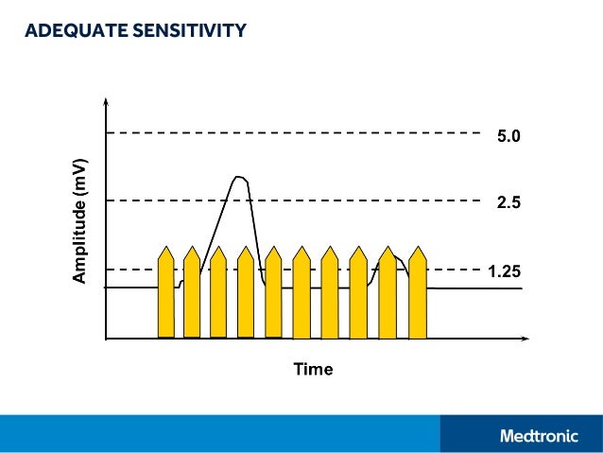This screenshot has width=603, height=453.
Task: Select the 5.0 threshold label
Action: click(508, 137)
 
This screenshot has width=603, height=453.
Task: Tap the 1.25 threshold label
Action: click(506, 271)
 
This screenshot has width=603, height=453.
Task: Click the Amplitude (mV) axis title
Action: click(81, 219)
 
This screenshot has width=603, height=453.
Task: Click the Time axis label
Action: click(313, 369)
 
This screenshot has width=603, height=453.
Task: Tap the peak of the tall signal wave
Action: click(239, 177)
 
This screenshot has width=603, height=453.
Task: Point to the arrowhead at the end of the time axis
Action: click(525, 338)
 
